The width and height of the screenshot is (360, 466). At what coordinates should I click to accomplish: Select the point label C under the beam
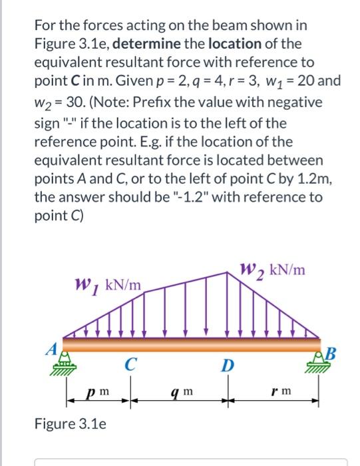point(132,363)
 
